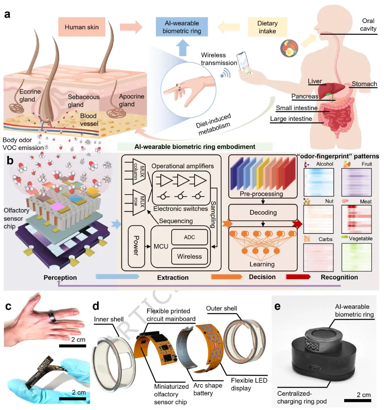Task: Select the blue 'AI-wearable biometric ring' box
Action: [183, 27]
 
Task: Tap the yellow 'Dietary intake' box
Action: [267, 27]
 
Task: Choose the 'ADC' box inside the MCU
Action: [189, 237]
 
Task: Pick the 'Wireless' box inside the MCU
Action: [189, 256]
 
